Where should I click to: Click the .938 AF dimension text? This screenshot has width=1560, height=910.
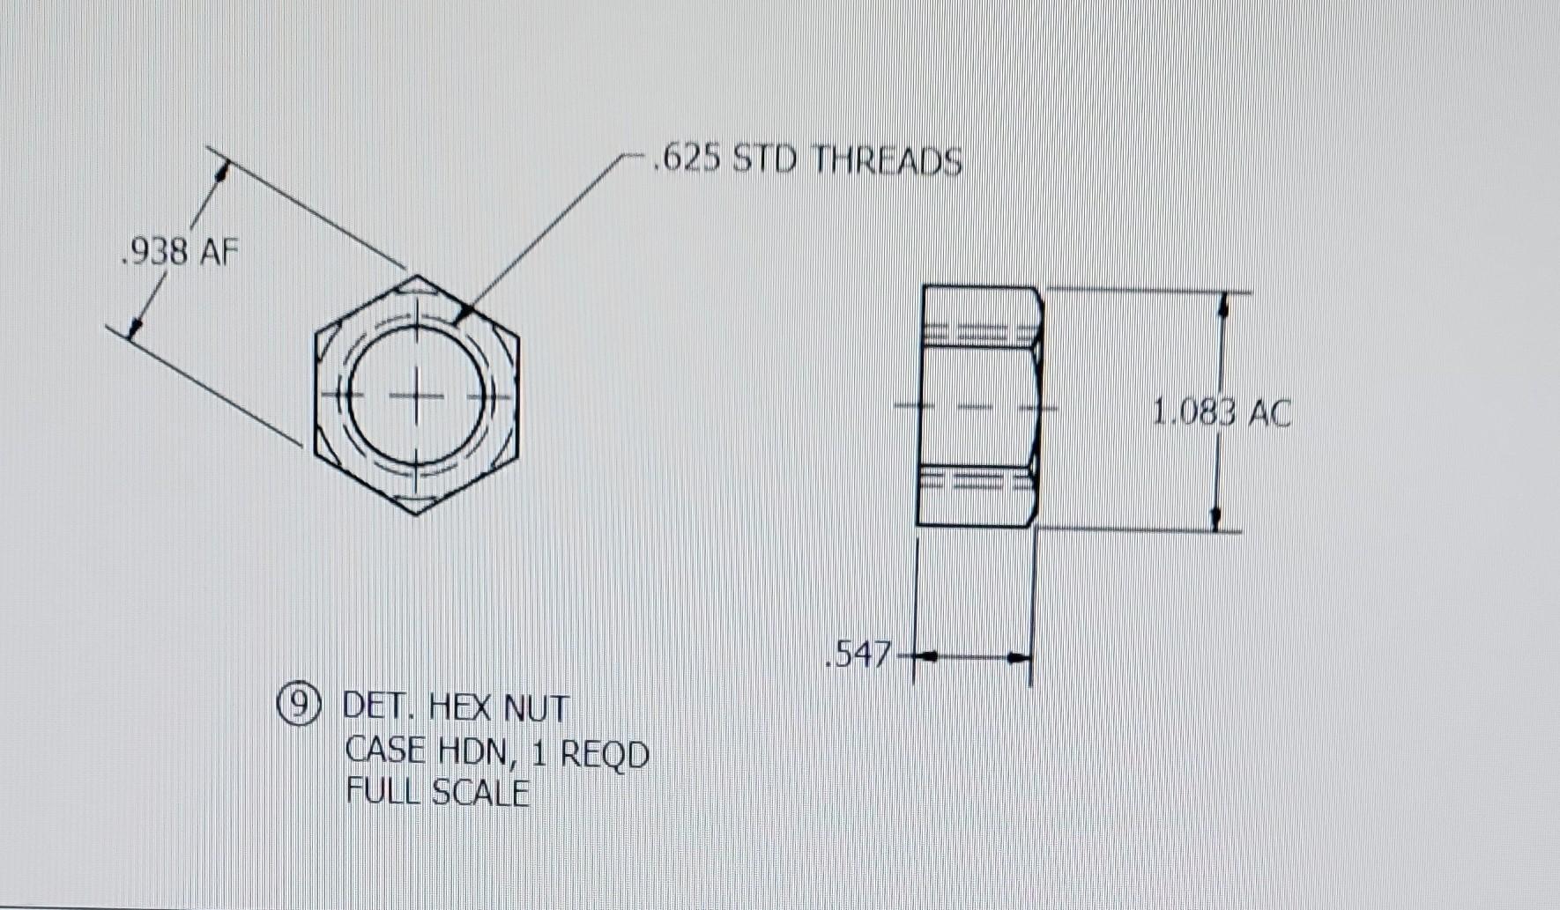coord(179,253)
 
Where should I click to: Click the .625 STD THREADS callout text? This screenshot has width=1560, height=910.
coord(807,160)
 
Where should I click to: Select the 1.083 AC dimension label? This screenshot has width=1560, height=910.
coord(1222,412)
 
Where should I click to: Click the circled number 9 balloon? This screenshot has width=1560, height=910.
coord(301,704)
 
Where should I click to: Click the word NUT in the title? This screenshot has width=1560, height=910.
coord(537,707)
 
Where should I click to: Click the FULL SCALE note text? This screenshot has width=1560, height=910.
coord(437,792)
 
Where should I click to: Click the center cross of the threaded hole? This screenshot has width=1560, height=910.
coord(417,395)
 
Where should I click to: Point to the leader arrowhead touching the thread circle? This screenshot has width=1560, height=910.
coord(464,314)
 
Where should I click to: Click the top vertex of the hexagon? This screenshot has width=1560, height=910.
coord(416,276)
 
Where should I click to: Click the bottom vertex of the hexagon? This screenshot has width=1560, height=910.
coord(416,514)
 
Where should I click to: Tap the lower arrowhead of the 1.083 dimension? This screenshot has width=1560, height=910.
coord(1216,519)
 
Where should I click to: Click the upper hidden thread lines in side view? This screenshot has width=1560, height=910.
coord(978,334)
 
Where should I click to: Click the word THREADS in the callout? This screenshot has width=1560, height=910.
coord(886,161)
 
